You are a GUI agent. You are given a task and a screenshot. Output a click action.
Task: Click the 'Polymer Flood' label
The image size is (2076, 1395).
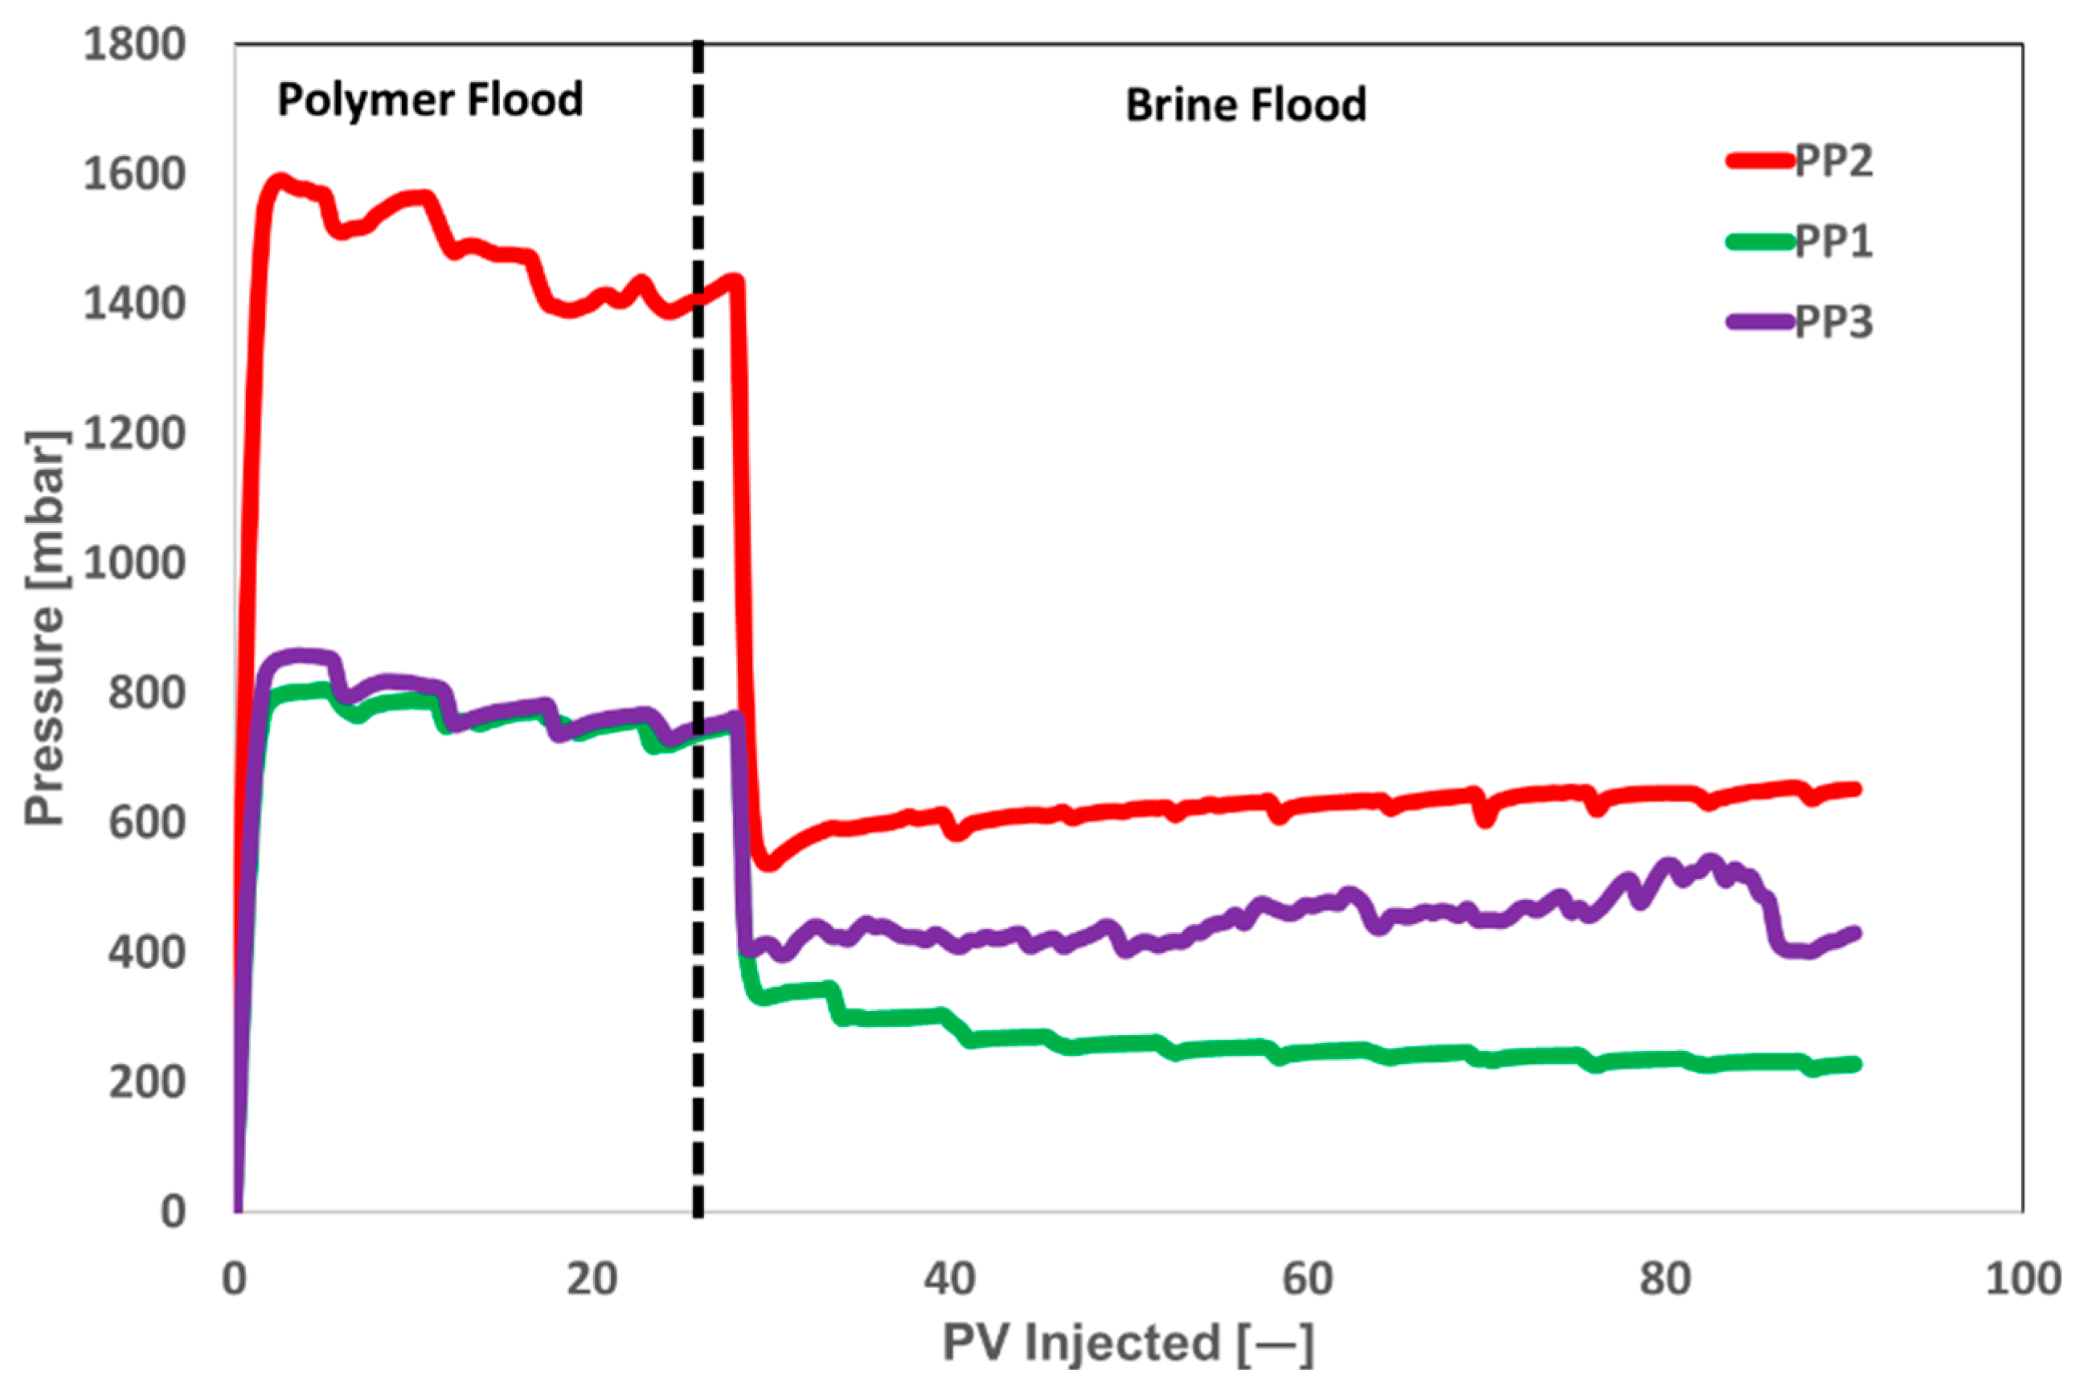tap(430, 100)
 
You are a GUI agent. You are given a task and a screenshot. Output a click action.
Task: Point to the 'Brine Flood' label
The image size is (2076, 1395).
tap(1245, 105)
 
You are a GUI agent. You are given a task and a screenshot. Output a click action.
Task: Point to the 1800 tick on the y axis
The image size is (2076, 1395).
tap(134, 44)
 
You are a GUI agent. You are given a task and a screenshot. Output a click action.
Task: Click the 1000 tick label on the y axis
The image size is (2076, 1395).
tap(134, 563)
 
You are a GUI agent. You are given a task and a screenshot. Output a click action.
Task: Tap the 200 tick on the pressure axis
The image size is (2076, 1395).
tap(147, 1082)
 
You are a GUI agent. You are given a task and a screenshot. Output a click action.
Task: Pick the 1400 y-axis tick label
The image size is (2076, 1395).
tap(134, 305)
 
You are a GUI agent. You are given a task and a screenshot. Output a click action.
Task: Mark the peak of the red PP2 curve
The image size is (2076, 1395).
tap(280, 181)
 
